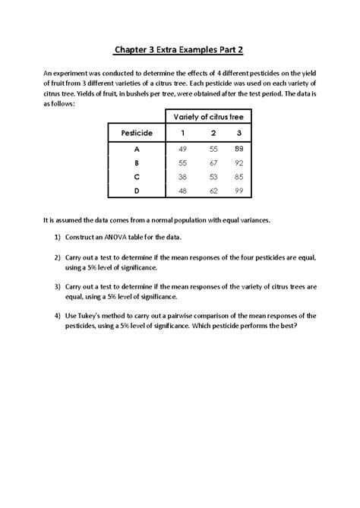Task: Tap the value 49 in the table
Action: click(182, 150)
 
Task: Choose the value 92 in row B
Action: click(239, 162)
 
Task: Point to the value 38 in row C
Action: click(182, 176)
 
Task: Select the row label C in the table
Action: click(135, 176)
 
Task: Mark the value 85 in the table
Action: click(239, 176)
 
